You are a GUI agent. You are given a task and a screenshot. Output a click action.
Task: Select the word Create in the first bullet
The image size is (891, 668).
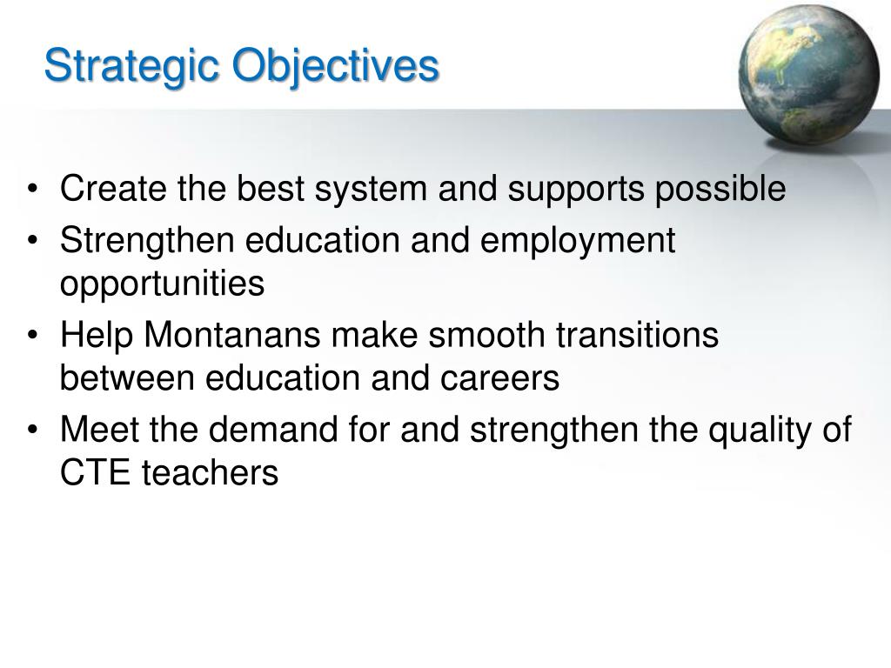[113, 188]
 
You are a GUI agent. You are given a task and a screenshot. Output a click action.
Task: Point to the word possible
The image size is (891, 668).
[720, 190]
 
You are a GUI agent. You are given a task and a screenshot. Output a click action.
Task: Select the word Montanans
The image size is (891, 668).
[231, 335]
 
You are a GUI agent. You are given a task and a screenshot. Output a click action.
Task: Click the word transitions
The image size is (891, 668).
[637, 335]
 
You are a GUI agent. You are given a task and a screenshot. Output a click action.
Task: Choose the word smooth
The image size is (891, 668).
[486, 335]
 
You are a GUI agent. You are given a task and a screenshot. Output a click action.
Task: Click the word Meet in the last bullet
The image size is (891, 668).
[99, 430]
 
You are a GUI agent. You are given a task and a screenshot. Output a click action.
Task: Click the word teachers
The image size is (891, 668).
[210, 472]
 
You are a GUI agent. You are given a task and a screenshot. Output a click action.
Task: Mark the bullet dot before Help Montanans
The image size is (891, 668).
[32, 335]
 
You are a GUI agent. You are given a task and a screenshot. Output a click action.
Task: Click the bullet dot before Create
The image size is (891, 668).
[32, 189]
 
